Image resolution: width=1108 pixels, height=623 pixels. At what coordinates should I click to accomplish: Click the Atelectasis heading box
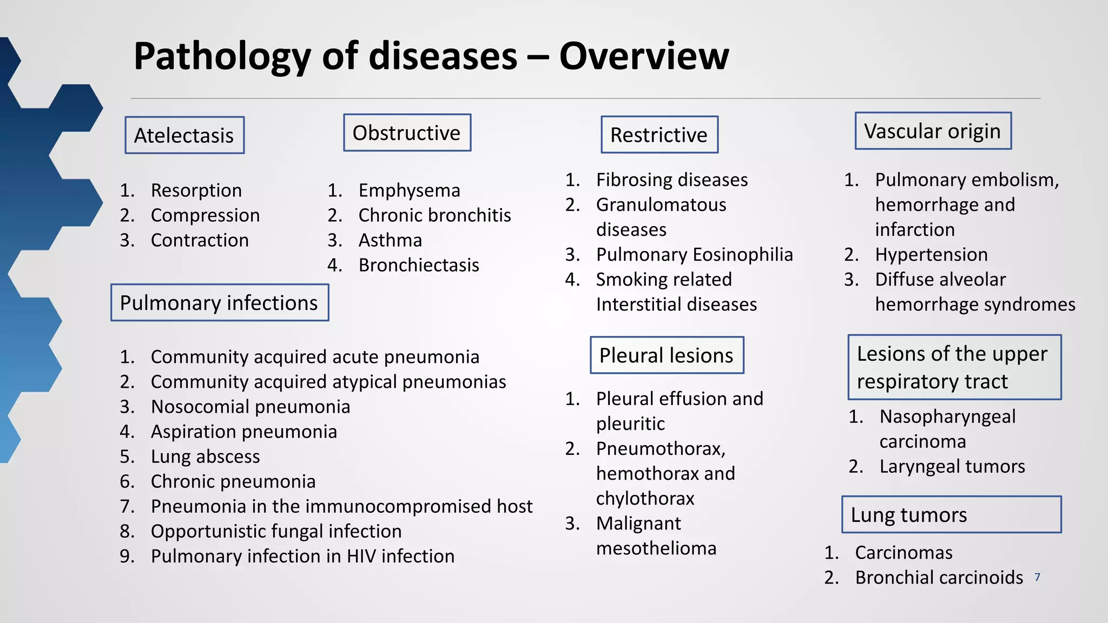(x=184, y=135)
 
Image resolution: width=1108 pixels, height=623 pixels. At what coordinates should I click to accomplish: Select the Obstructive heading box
(x=407, y=132)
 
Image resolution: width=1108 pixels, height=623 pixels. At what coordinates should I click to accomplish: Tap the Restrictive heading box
(x=659, y=135)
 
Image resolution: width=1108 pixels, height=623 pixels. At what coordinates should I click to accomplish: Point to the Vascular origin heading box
(x=933, y=131)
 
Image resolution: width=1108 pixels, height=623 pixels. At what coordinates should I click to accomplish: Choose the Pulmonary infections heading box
(x=219, y=303)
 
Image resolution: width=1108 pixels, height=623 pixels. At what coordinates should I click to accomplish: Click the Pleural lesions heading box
(x=667, y=355)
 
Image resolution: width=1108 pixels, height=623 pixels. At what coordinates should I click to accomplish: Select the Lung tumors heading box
(x=951, y=514)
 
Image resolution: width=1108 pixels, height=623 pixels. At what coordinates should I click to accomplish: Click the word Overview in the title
(x=644, y=56)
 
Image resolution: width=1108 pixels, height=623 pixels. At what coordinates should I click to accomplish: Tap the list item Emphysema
(x=409, y=190)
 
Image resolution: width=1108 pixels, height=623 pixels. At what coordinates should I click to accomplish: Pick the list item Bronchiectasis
(x=419, y=265)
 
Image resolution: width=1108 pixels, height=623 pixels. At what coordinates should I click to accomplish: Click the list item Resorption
(x=196, y=190)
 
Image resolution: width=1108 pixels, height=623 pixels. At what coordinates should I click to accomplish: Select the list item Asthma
(x=390, y=240)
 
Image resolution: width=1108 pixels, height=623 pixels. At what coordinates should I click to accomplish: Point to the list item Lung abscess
(x=205, y=456)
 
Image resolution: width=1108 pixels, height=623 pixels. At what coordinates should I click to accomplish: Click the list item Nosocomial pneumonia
(x=250, y=407)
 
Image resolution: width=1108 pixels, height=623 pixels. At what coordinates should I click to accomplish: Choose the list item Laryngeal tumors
(x=952, y=466)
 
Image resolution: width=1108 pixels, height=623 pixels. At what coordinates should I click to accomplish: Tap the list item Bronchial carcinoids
(x=939, y=578)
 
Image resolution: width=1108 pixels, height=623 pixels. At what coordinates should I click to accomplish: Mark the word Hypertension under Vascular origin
(x=931, y=254)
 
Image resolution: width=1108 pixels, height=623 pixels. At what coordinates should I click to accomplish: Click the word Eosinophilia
(x=743, y=254)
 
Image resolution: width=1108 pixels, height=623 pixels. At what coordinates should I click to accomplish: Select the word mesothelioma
(x=656, y=548)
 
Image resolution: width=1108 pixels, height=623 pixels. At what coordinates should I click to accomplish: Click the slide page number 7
(x=1037, y=578)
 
